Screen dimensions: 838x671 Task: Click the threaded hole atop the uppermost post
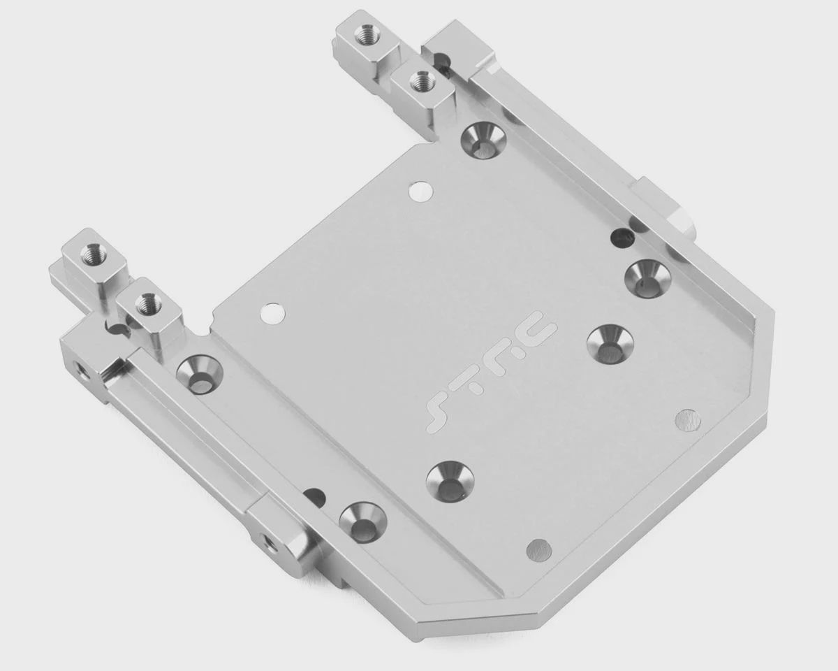366,35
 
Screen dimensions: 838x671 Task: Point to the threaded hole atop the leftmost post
91,254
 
